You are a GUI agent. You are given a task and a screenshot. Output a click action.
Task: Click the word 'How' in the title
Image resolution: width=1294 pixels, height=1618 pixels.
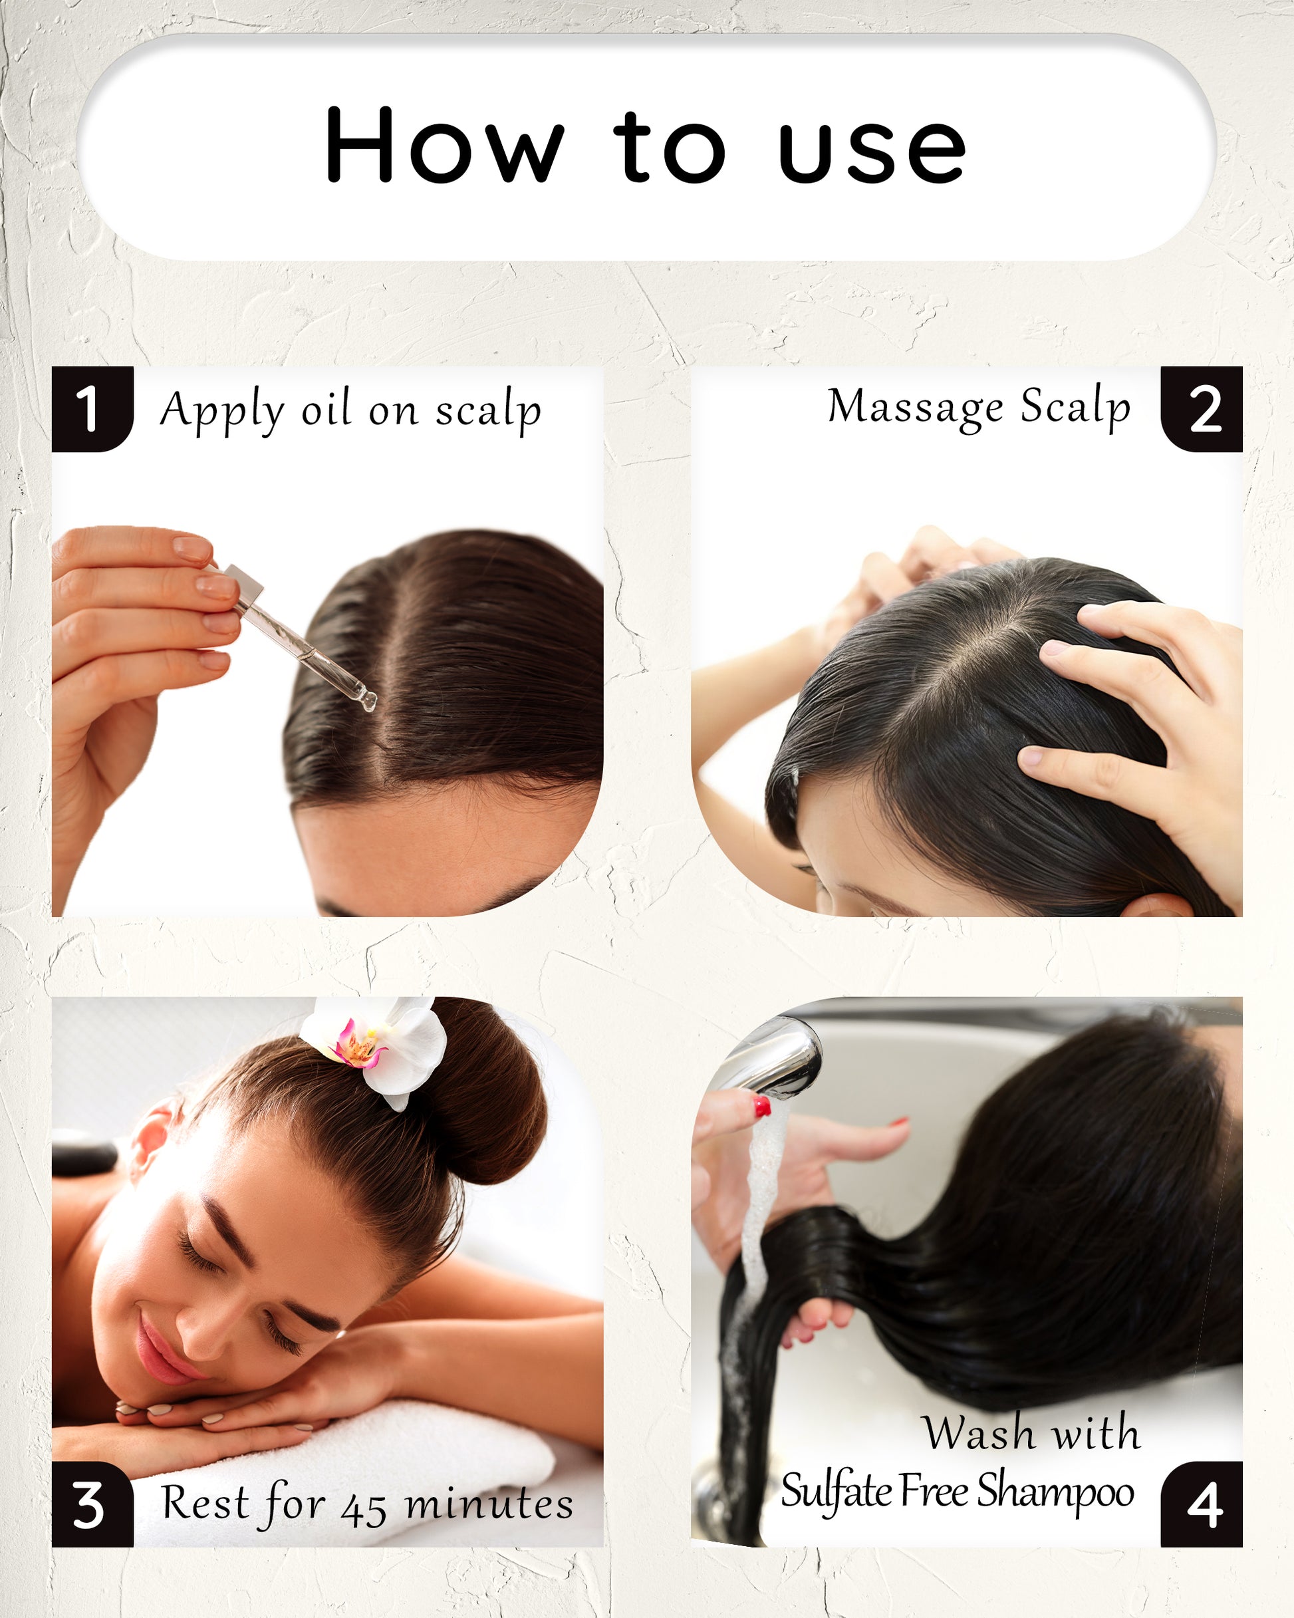(x=444, y=144)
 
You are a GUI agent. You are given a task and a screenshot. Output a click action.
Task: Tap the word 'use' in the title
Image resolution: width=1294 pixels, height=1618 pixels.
(x=872, y=152)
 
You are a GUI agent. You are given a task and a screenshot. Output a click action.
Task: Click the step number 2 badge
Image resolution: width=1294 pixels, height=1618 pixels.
(x=1201, y=409)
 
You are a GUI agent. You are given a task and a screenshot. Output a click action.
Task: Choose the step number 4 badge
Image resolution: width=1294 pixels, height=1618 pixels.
(x=1201, y=1496)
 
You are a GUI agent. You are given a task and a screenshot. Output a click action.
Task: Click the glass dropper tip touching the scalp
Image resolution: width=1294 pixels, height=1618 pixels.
(x=368, y=702)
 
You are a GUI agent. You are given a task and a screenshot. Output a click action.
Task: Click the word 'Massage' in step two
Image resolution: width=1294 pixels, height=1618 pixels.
(x=915, y=408)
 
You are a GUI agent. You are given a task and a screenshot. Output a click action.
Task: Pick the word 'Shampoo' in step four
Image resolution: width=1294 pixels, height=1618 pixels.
(x=1055, y=1491)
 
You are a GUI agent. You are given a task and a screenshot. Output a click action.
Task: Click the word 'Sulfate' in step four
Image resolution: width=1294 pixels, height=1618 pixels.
(x=836, y=1490)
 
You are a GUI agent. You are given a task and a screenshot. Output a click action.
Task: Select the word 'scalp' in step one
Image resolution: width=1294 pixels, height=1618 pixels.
(x=488, y=410)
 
